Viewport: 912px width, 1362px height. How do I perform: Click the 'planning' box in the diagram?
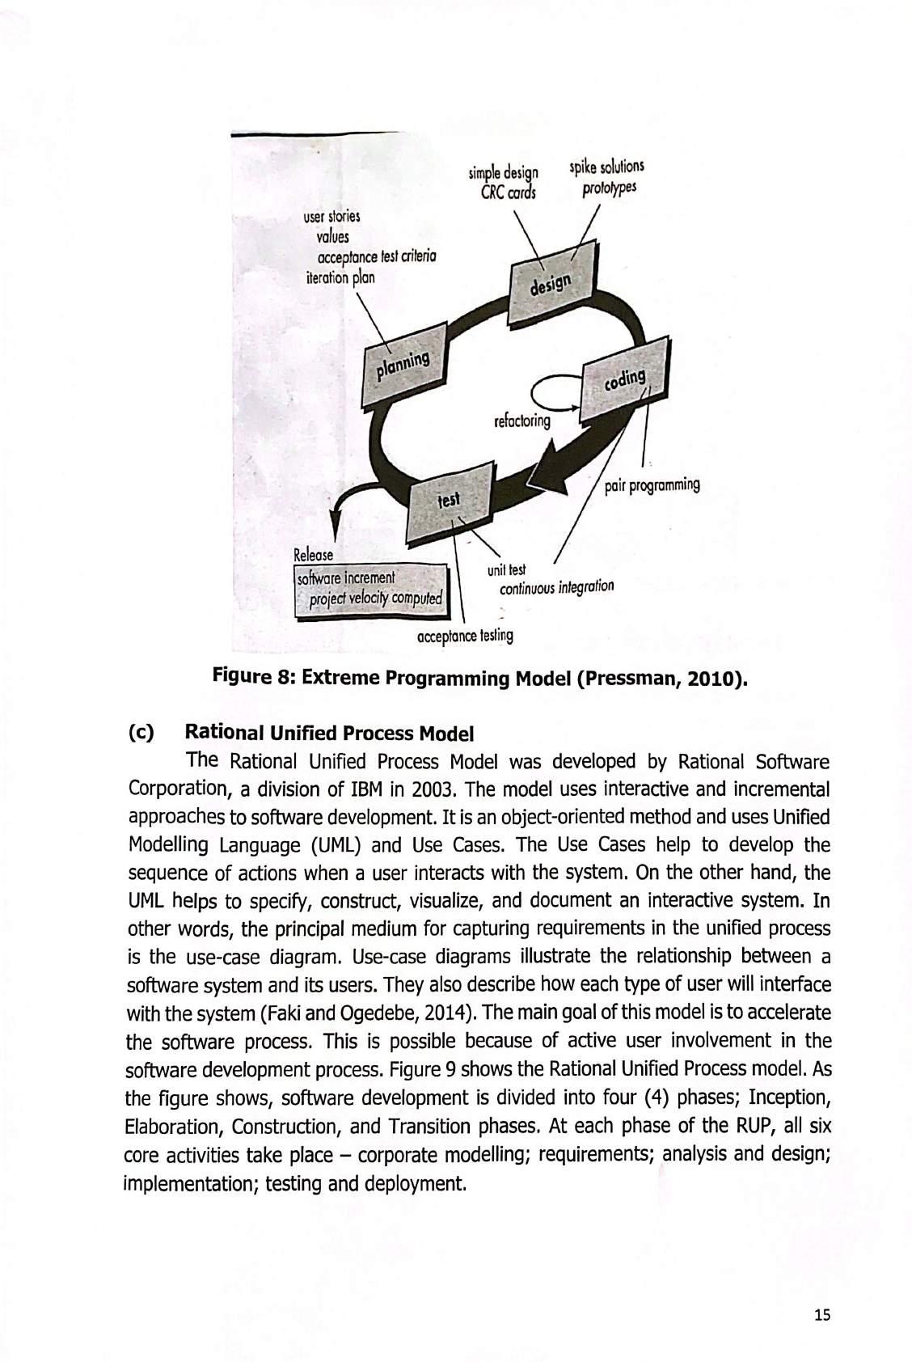[x=407, y=365]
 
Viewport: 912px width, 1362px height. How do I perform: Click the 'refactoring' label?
[x=521, y=421]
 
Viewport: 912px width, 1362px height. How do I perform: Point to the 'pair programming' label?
[x=652, y=485]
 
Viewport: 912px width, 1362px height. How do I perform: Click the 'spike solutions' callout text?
[x=606, y=168]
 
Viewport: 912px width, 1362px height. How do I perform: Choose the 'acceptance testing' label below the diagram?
[x=465, y=636]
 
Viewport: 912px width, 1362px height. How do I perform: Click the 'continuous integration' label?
[x=557, y=586]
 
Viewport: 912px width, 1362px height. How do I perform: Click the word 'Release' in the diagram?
[x=313, y=556]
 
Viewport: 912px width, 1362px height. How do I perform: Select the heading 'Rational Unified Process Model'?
[x=329, y=734]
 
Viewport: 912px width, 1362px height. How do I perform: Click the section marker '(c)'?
[x=141, y=734]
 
